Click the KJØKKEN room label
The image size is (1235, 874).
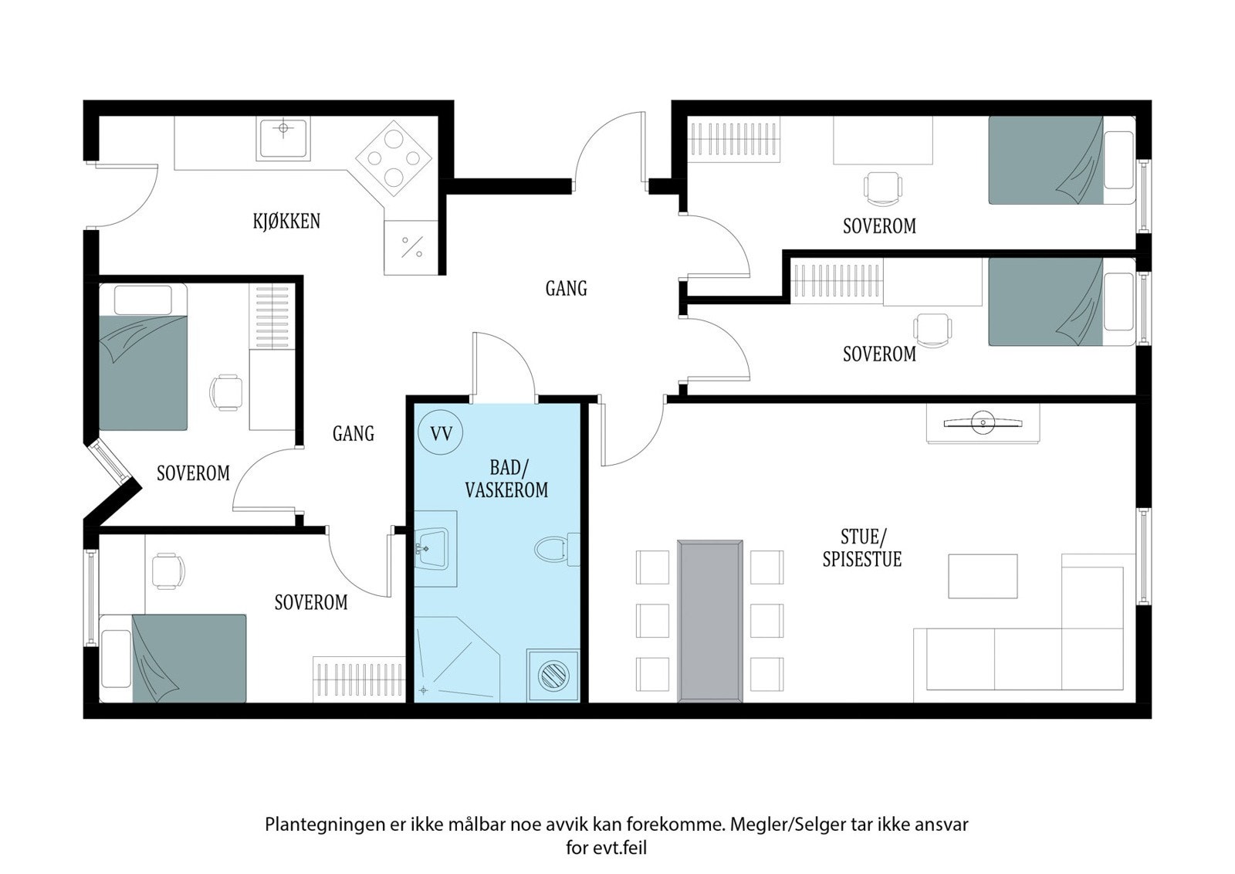[286, 221]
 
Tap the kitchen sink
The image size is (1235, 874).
[283, 138]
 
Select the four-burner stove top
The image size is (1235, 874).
[393, 158]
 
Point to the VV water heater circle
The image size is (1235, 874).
[441, 434]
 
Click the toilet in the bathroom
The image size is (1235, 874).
[557, 550]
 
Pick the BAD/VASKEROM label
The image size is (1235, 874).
[506, 479]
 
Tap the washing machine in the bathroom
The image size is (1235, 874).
[553, 676]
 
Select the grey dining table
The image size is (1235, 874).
[710, 621]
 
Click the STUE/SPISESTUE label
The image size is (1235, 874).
[862, 548]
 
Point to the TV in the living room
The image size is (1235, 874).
[983, 423]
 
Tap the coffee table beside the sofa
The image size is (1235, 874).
[983, 576]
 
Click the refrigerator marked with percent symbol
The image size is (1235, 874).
[411, 248]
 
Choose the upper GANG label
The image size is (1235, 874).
[567, 289]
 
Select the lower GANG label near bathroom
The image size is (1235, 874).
[354, 434]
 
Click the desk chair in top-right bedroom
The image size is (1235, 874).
[883, 189]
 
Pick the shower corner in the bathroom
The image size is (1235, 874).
[457, 659]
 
